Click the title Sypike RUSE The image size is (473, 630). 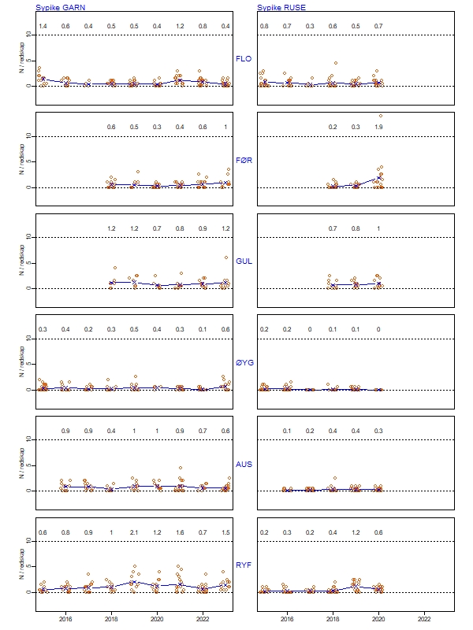click(281, 7)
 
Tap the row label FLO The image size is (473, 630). click(244, 59)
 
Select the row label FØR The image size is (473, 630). click(244, 160)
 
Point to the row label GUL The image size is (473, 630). click(244, 261)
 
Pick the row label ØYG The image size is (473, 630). click(244, 363)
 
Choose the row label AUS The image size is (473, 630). click(244, 464)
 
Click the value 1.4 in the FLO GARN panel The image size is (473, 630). click(43, 27)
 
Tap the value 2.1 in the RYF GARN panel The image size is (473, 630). click(134, 532)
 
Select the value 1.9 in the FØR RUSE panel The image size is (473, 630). click(378, 128)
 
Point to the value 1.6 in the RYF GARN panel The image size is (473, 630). click(180, 532)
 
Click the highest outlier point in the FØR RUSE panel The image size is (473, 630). click(381, 116)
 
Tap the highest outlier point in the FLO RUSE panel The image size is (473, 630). click(335, 63)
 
